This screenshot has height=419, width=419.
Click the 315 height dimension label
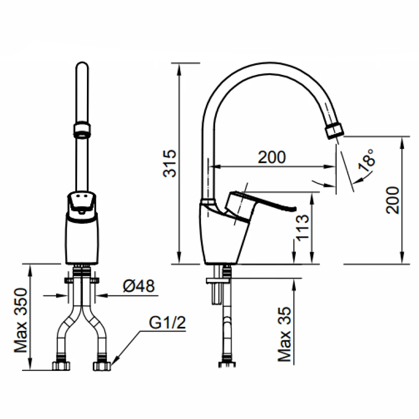click(x=169, y=163)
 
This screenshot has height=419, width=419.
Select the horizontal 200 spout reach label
click(x=272, y=157)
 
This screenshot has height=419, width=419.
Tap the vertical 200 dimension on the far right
click(x=392, y=200)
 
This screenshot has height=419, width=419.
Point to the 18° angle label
click(x=366, y=160)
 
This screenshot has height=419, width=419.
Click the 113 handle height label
click(x=303, y=228)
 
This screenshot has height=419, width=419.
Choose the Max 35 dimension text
click(x=284, y=334)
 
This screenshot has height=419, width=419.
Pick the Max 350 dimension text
click(x=20, y=320)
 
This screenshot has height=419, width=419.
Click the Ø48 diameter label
click(x=138, y=286)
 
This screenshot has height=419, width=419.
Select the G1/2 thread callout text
click(x=167, y=323)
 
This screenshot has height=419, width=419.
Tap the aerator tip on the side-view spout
click(x=335, y=131)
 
